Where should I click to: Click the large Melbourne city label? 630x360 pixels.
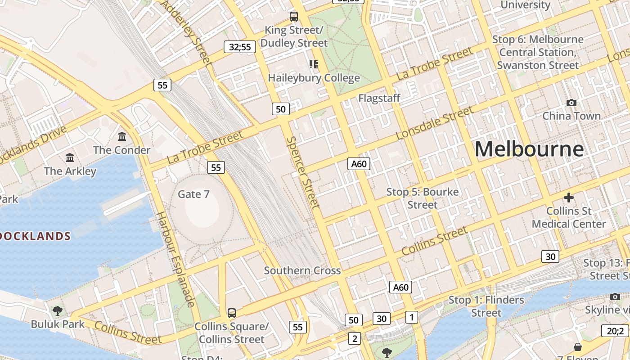tap(529, 149)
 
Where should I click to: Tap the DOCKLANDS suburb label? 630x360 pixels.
tap(35, 236)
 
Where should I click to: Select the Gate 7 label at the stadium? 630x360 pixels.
tap(193, 194)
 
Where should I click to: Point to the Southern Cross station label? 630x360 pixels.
tap(302, 270)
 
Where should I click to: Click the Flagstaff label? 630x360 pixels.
tap(379, 98)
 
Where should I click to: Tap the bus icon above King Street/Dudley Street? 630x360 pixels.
tap(294, 17)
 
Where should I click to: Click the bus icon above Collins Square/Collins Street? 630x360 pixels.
tap(232, 313)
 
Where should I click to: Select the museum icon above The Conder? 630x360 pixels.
tap(122, 136)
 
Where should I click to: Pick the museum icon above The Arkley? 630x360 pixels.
tap(70, 157)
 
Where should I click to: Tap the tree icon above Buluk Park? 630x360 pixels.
tap(58, 310)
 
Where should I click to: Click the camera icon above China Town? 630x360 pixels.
tap(571, 103)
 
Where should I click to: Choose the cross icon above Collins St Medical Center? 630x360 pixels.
tap(569, 197)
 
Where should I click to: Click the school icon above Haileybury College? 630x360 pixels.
tap(314, 64)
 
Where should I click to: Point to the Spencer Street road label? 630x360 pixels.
tap(303, 172)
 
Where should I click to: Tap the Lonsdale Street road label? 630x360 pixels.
tap(434, 123)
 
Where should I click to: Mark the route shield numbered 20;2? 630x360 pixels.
tap(615, 331)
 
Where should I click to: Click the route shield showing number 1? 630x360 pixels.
tap(411, 317)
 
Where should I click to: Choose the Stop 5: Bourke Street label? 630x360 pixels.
tap(423, 198)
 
